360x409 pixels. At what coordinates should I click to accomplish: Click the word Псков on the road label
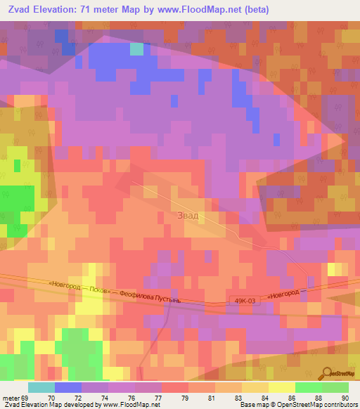[x=100, y=290]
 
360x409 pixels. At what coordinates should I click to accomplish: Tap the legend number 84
[x=244, y=398]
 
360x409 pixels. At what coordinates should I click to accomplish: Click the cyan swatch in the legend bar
[x=41, y=387]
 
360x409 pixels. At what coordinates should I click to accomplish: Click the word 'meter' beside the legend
[x=12, y=398]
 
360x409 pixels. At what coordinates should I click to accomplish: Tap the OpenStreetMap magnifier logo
[x=326, y=375]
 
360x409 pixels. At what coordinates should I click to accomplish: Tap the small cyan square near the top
[x=136, y=49]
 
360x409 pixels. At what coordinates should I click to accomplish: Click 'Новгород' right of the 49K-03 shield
[x=285, y=294]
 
